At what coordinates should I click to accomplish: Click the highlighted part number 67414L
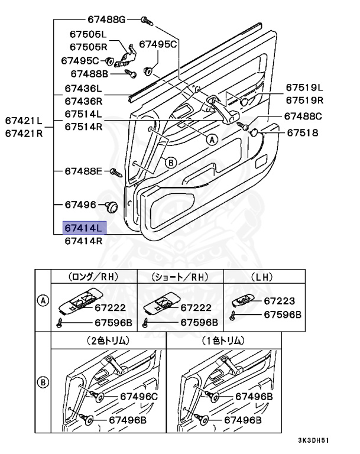click(x=83, y=228)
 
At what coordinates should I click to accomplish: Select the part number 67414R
click(x=83, y=241)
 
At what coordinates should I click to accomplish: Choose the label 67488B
click(x=89, y=74)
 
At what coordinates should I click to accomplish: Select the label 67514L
click(x=83, y=113)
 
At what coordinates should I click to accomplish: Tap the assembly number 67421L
click(x=24, y=121)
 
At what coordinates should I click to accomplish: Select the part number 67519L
click(x=306, y=87)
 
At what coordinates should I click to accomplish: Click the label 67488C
click(x=303, y=116)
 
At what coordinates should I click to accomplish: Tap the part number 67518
click(x=303, y=133)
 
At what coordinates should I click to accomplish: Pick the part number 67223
click(x=280, y=301)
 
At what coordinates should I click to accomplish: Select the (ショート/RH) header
click(x=180, y=277)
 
